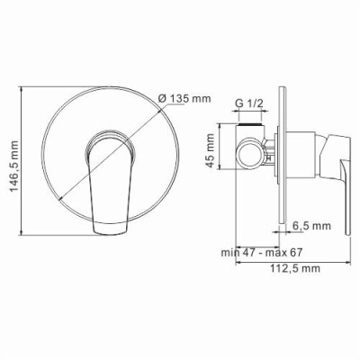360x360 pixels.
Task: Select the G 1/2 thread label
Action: tap(248, 104)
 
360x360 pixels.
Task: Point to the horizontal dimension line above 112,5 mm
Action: tap(288, 262)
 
